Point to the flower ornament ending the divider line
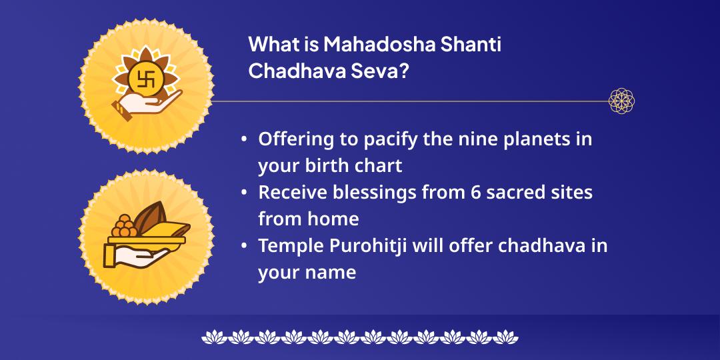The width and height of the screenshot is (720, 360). tap(621, 101)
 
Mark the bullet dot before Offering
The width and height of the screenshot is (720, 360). tap(245, 139)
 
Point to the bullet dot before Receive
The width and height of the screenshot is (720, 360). tap(245, 192)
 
